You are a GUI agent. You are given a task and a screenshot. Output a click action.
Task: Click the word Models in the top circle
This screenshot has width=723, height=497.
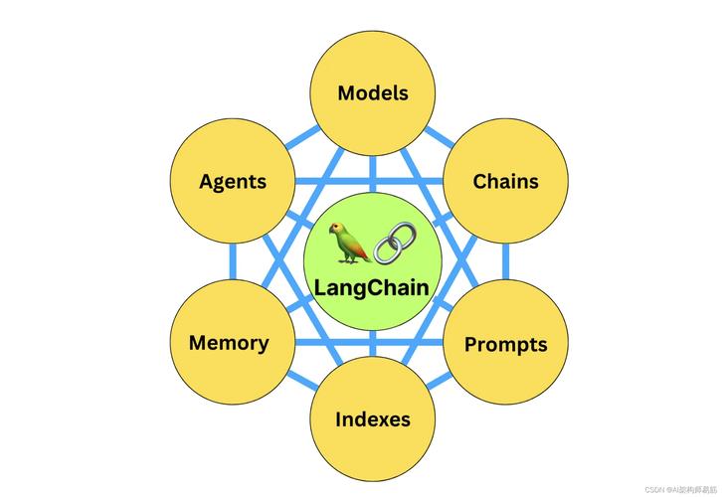coord(373,93)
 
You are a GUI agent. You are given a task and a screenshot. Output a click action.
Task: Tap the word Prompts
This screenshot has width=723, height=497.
coord(505,345)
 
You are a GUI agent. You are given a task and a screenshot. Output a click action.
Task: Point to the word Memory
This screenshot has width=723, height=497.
coord(229,343)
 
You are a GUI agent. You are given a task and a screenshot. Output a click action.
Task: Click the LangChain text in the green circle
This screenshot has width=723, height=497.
coord(372,288)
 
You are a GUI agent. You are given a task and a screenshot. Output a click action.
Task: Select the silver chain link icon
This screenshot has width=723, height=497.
coord(394,244)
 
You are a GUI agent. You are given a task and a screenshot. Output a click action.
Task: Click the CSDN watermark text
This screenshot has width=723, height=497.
coord(681,490)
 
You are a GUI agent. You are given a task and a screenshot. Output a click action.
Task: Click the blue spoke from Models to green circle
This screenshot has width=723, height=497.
coord(372,174)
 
